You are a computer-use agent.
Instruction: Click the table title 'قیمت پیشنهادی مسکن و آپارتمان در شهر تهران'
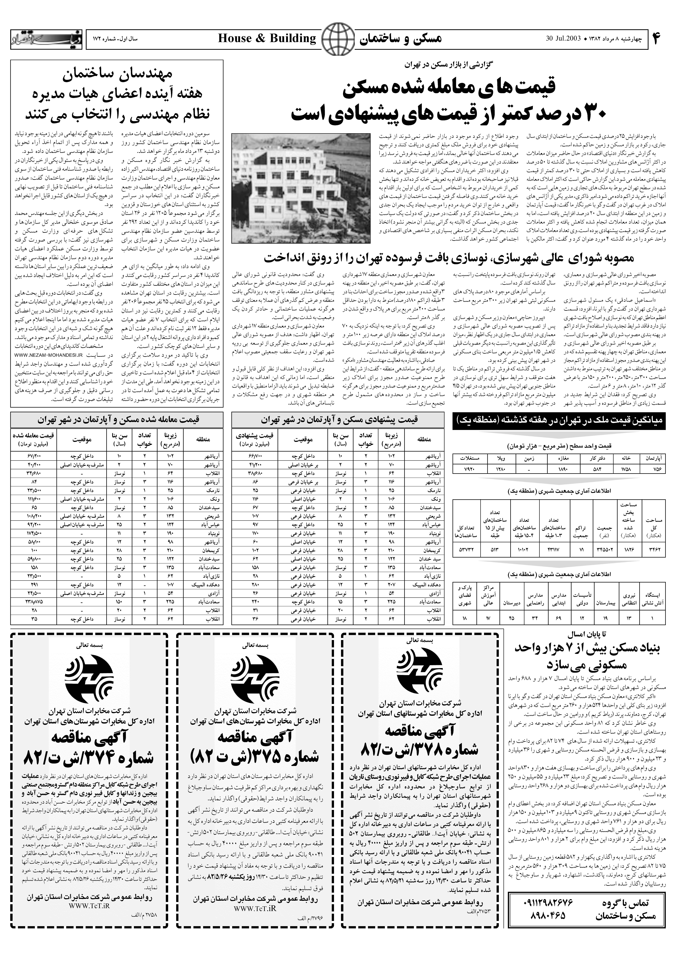click(x=340, y=420)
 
